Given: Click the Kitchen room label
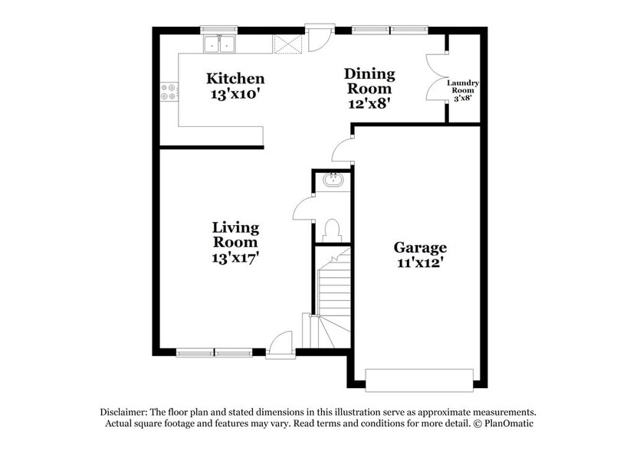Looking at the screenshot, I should [236, 79].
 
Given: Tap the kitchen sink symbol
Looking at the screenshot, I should [221, 45].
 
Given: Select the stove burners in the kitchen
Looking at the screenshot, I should [169, 93].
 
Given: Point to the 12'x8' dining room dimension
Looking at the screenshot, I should [369, 104].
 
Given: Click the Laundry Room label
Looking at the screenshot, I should [463, 85].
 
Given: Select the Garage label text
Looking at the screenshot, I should [420, 247].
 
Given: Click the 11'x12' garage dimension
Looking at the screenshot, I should [420, 264].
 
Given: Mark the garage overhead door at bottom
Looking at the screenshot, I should [418, 378].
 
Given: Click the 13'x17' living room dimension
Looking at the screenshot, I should [235, 258].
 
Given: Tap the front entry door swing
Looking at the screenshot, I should [282, 343].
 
